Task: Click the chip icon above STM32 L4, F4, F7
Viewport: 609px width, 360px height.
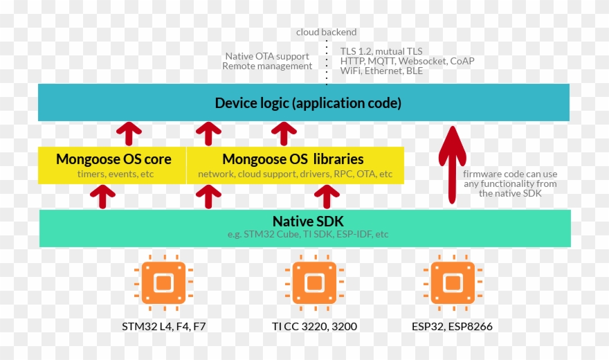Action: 163,282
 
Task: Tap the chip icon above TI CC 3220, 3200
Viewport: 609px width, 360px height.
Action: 314,282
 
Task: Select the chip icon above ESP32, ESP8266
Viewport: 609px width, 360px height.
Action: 453,282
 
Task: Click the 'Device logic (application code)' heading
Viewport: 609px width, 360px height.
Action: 308,103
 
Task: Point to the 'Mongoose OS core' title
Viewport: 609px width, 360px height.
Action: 113,159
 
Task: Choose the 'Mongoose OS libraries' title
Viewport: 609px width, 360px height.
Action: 293,159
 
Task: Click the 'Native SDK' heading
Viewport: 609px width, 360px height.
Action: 308,222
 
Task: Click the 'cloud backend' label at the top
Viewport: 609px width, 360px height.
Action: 326,32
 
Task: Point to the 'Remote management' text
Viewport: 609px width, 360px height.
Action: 267,66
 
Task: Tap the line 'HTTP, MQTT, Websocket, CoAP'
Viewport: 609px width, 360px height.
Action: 407,61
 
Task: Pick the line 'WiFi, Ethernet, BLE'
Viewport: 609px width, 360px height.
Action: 381,71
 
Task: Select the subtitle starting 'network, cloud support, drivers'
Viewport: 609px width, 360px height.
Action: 295,174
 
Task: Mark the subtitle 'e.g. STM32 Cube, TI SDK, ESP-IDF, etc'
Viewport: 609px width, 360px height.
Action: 308,235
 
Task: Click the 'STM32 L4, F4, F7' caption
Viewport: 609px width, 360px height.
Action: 163,326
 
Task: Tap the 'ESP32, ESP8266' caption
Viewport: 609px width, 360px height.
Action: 453,326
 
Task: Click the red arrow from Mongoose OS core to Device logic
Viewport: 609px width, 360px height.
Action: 129,132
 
